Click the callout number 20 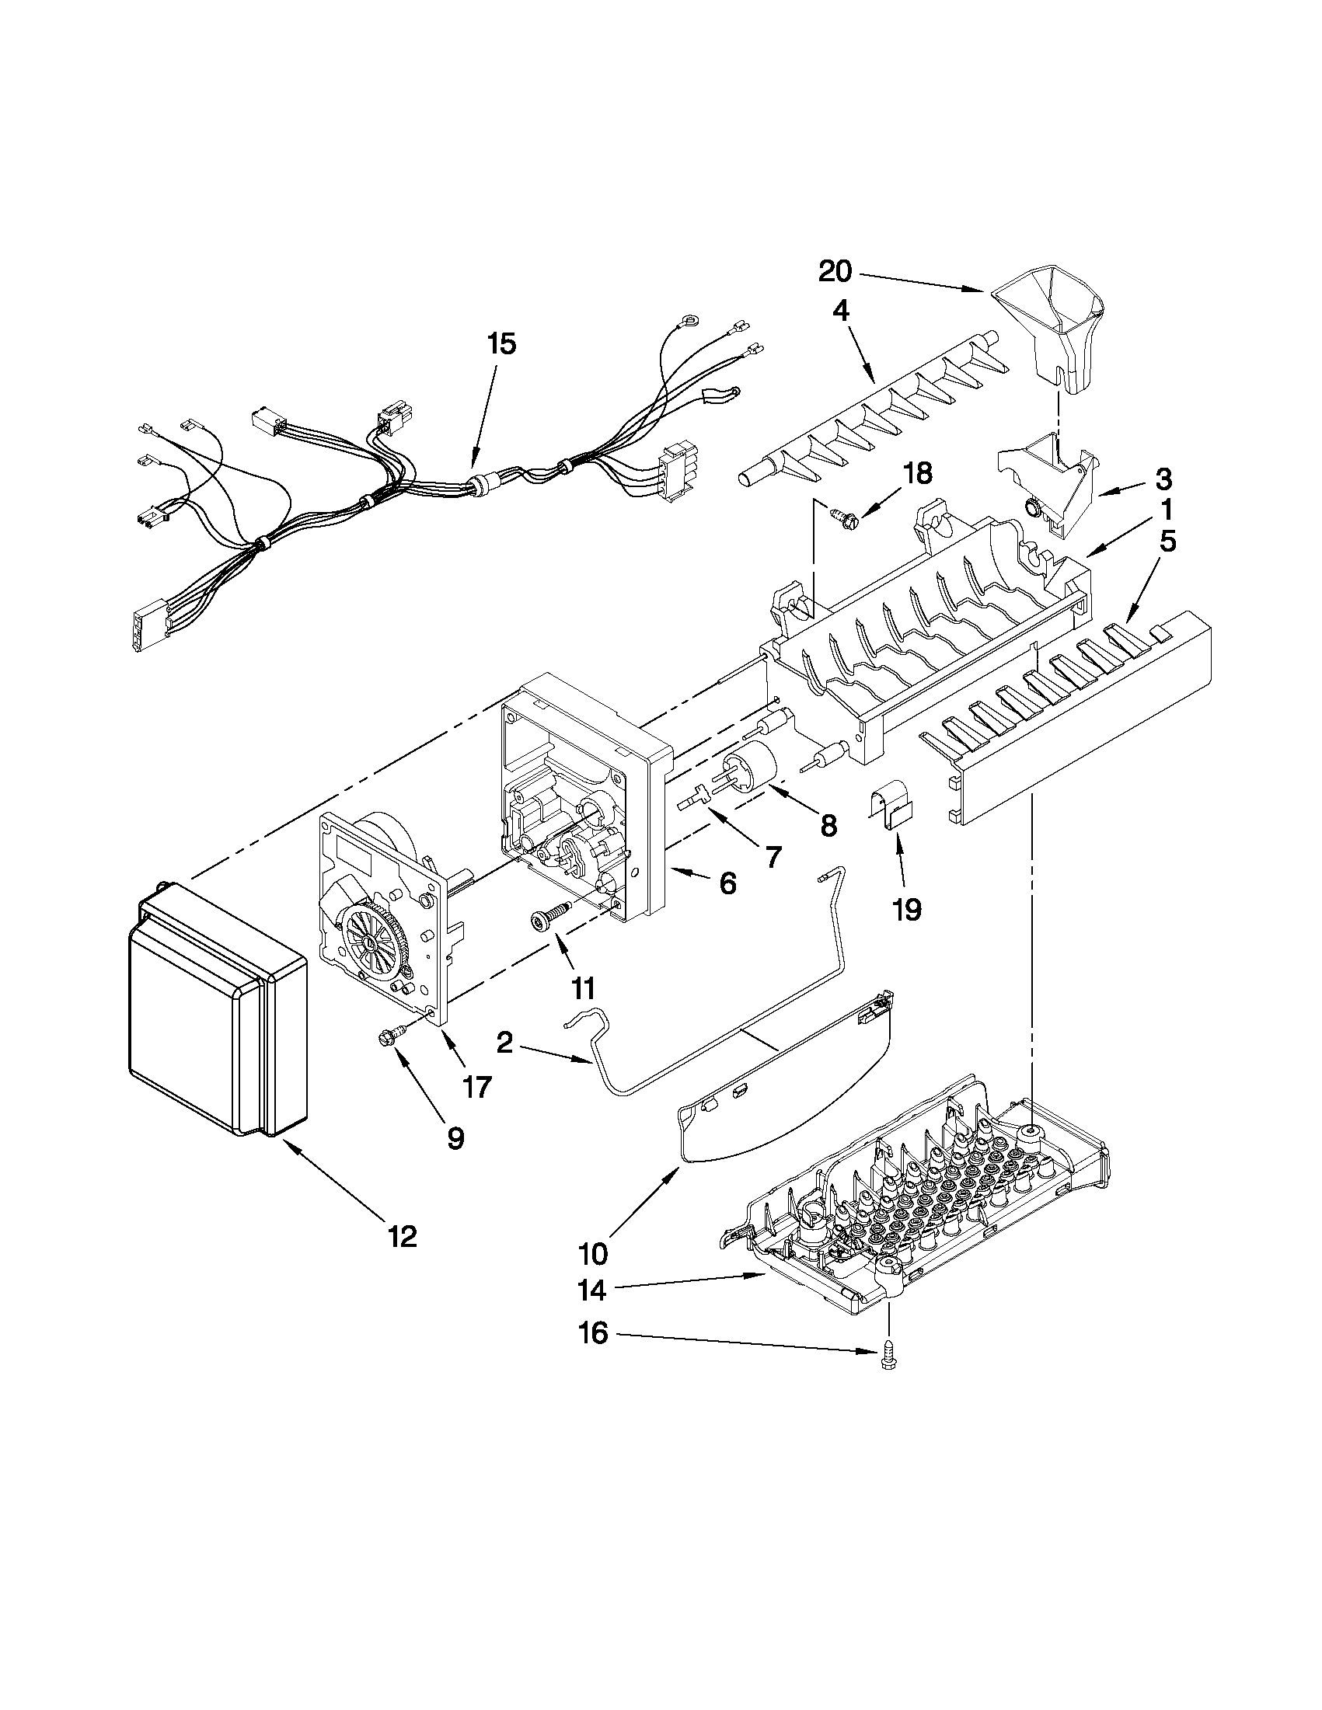(x=834, y=272)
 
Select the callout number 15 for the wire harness (x=501, y=343)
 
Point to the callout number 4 (x=839, y=312)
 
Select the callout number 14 (x=593, y=1290)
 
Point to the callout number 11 (x=582, y=989)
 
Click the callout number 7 (x=773, y=858)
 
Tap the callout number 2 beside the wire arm (x=504, y=1042)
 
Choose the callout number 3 (x=1163, y=478)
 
